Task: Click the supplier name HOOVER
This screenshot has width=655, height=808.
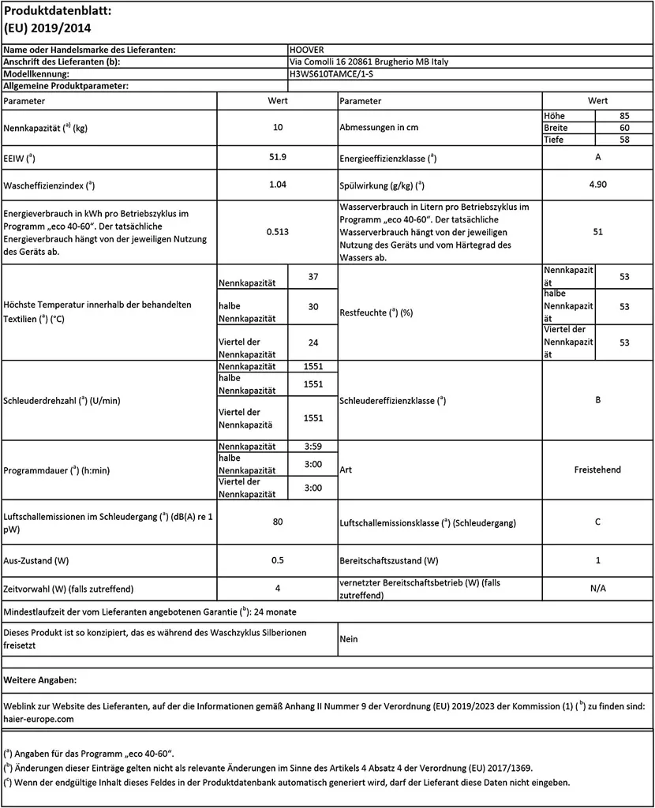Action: [307, 50]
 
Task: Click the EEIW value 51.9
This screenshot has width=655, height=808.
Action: [277, 158]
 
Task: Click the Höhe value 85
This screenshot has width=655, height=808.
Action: [623, 116]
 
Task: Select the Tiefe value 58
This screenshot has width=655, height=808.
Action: [623, 140]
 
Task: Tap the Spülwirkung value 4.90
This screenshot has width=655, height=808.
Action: [597, 185]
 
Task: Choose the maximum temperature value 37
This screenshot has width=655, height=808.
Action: [313, 277]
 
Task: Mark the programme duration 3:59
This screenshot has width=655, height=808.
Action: [313, 447]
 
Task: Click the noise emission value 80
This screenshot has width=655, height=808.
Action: [277, 522]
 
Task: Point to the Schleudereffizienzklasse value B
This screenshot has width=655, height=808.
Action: [597, 400]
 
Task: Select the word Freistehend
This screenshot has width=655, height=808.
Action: [597, 469]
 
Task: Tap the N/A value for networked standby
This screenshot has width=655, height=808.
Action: [597, 588]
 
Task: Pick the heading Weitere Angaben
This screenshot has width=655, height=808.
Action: [41, 679]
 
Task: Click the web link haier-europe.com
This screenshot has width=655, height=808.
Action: [39, 719]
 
